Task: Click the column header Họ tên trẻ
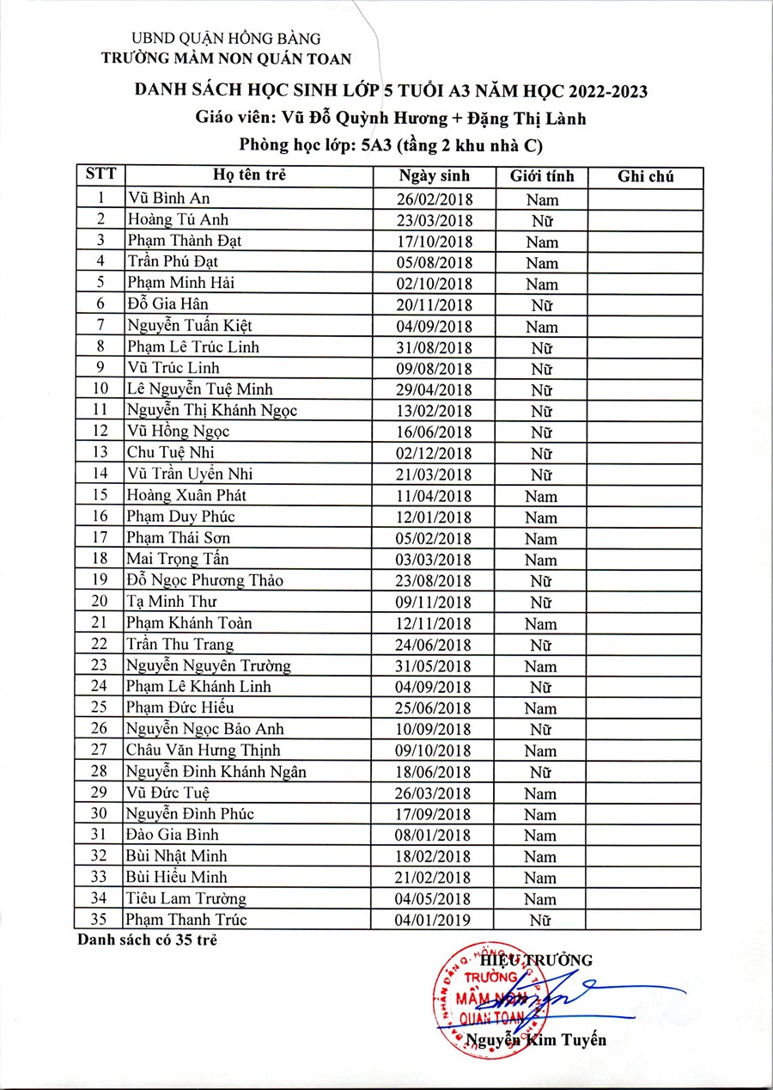tap(249, 176)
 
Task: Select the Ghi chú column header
tap(645, 177)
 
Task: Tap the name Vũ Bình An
tap(163, 199)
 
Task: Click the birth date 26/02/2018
tap(435, 199)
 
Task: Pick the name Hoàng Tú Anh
tap(177, 219)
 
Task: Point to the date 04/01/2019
tap(435, 921)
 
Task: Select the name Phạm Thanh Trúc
tap(186, 920)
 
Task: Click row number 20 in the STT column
tap(100, 602)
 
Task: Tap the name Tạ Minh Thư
tap(171, 602)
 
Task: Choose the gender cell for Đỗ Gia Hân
tap(541, 305)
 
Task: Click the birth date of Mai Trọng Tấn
tap(435, 560)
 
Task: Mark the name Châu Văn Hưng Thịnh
tap(203, 750)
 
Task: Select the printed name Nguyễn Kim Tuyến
tap(536, 1041)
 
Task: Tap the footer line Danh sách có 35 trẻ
tap(147, 940)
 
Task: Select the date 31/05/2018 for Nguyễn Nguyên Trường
tap(435, 665)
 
